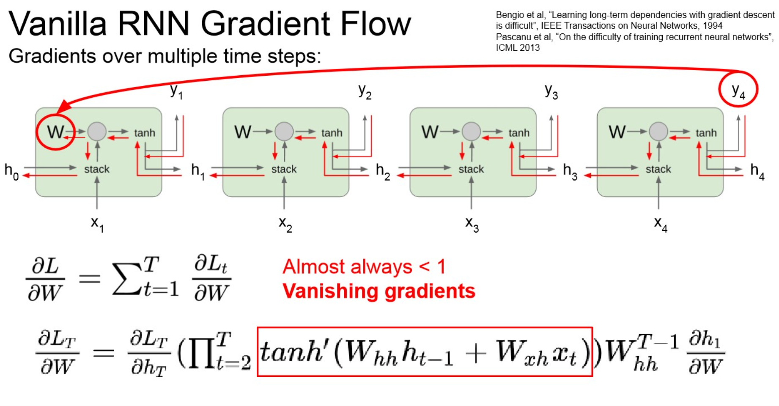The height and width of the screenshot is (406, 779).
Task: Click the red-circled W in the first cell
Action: (55, 132)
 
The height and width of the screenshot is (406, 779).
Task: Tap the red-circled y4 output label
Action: (738, 90)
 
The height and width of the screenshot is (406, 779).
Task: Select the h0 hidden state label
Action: (11, 171)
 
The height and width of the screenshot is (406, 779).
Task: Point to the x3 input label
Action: (472, 224)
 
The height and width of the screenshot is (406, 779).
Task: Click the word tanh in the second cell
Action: (332, 133)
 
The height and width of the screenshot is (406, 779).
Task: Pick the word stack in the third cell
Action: (471, 169)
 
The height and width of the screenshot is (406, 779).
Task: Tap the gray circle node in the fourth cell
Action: (658, 132)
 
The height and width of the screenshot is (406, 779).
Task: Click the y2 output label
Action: (365, 91)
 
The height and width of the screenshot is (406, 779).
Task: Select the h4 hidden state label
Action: (757, 171)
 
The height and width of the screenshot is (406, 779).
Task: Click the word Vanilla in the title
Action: (57, 24)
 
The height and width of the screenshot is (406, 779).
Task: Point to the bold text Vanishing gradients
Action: (379, 291)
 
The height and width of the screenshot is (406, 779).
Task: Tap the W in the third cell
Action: (430, 132)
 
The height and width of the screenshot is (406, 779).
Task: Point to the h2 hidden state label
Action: (383, 171)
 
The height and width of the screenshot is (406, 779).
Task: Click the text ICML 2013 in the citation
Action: (518, 48)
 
